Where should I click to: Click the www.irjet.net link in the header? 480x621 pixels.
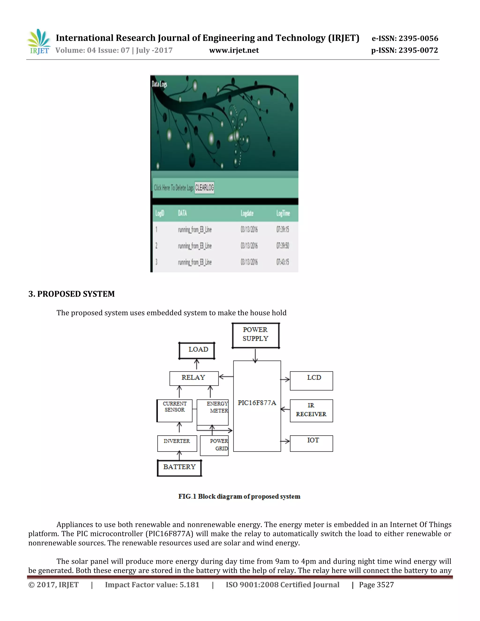tap(234, 50)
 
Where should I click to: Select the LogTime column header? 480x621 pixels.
tap(283, 213)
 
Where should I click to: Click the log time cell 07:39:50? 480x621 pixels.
tap(282, 246)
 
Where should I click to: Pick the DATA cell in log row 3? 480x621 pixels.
tap(195, 262)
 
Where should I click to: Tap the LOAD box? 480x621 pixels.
tap(197, 350)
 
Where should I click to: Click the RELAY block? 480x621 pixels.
tap(194, 378)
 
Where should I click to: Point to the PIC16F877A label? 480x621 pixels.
tap(257, 403)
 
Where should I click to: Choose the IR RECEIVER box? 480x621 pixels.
tap(311, 410)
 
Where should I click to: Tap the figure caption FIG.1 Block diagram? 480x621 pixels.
tap(239, 497)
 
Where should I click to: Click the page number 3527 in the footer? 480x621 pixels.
tap(385, 585)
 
